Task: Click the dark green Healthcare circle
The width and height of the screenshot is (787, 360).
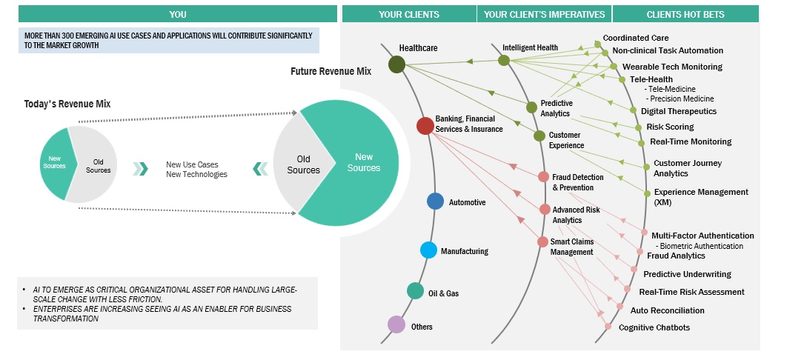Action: pos(396,64)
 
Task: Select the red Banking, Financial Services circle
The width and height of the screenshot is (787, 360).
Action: pos(425,126)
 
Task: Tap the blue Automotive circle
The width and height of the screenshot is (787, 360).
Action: pos(436,201)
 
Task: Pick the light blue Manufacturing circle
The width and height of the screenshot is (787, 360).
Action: pos(428,250)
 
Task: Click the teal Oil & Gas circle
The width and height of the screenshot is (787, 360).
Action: pos(416,291)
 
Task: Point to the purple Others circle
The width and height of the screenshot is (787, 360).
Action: pos(396,324)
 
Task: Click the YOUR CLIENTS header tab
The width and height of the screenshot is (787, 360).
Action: pos(408,14)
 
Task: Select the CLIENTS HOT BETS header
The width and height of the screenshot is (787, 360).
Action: pos(685,14)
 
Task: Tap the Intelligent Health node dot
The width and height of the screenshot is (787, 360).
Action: pos(504,61)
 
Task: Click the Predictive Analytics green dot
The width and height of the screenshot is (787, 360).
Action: pos(531,107)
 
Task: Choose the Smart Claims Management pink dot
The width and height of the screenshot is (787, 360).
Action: pos(543,241)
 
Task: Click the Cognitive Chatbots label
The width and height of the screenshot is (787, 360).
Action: pos(654,327)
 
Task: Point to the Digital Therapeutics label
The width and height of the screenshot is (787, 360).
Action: pos(678,111)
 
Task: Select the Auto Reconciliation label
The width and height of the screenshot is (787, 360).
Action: pos(667,310)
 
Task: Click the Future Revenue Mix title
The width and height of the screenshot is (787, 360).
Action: pos(331,71)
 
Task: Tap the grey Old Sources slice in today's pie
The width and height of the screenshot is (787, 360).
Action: pos(92,165)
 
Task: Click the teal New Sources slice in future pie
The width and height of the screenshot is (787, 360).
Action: pos(363,162)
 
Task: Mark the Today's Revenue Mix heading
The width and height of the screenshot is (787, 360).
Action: pos(67,104)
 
